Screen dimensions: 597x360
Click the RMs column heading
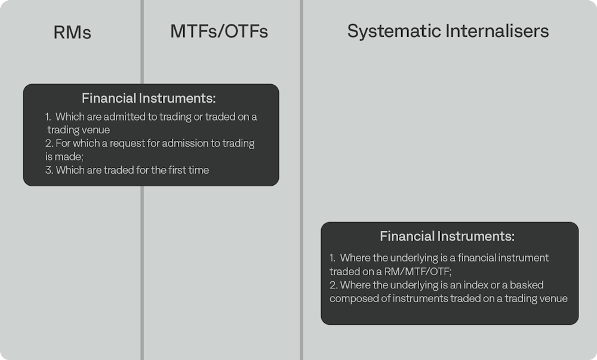[72, 32]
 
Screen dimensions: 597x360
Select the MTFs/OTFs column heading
[219, 31]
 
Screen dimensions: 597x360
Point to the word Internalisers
[497, 31]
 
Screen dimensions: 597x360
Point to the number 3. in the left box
[49, 170]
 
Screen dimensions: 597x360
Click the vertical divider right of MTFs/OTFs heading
[301, 180]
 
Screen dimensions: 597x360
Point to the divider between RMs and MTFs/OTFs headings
[142, 42]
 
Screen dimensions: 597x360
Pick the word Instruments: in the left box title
[177, 98]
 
